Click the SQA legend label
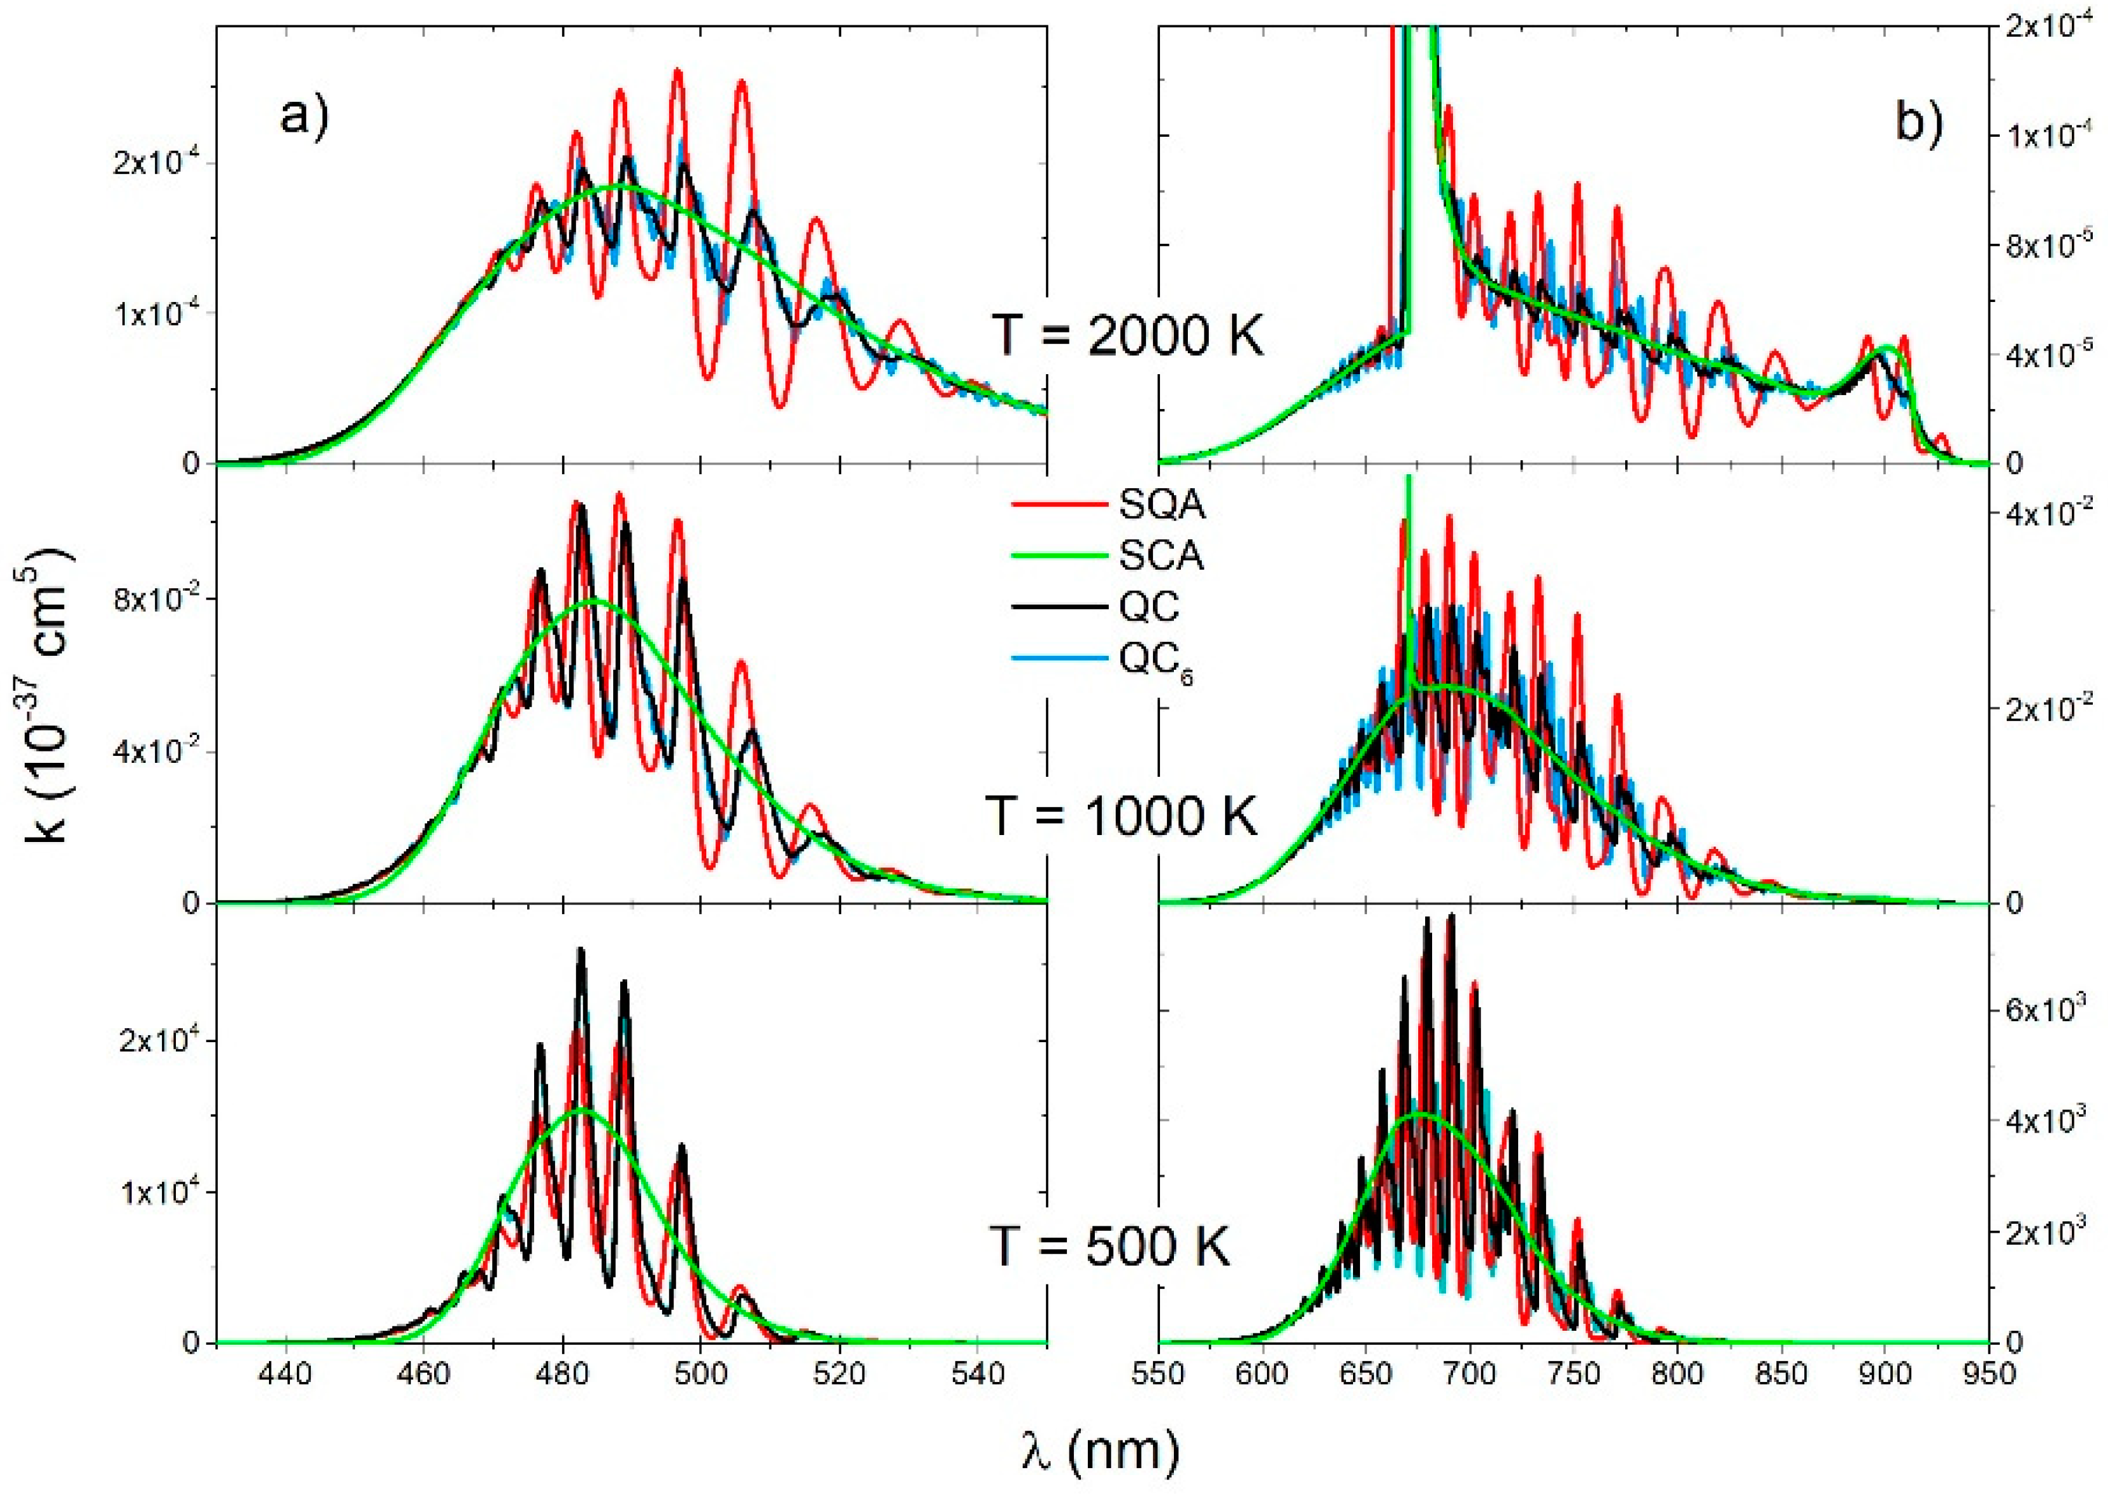coord(1162,504)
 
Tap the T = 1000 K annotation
coord(1121,815)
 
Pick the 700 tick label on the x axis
coord(1470,1375)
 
